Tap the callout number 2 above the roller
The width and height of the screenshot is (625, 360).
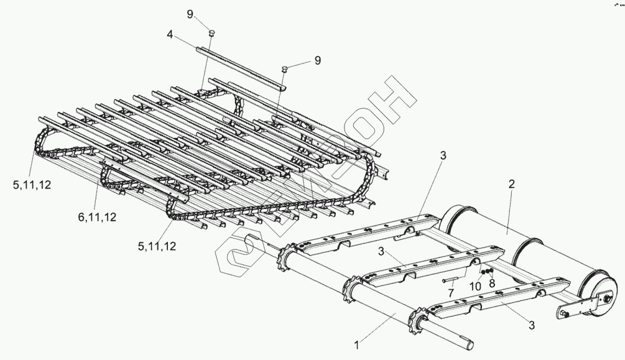[x=511, y=184]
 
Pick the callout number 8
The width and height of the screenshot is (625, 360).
[x=492, y=285]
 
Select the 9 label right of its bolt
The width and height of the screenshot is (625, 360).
[x=317, y=60]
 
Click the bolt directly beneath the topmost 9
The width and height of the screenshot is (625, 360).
[x=211, y=33]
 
